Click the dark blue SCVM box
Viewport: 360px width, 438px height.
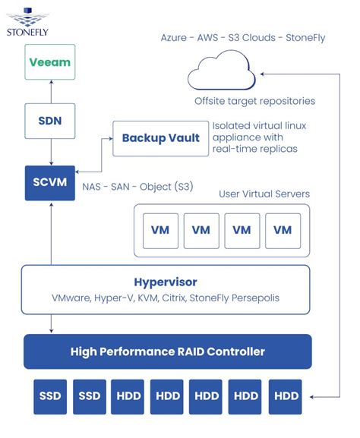click(49, 182)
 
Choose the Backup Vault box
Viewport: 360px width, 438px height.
click(160, 138)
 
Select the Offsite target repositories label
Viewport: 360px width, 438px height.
click(254, 100)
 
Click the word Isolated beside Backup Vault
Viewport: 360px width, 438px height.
click(231, 125)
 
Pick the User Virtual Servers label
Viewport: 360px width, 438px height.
click(264, 194)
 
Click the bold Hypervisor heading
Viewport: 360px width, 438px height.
click(166, 281)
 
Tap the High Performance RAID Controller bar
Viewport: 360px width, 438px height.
click(167, 351)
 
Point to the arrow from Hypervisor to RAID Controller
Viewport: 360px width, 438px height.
click(49, 324)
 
